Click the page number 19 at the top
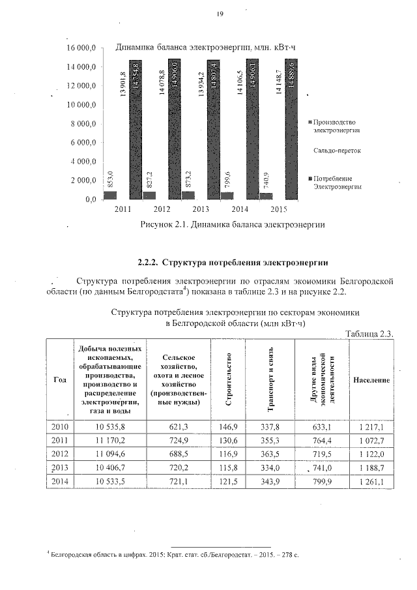[x=220, y=16]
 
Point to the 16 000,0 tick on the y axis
[x=81, y=48]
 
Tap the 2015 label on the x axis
[x=279, y=209]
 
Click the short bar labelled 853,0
[x=110, y=195]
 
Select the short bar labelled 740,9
[x=266, y=196]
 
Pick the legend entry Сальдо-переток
[x=337, y=150]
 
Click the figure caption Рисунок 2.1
[x=232, y=225]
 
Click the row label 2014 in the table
[x=59, y=482]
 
